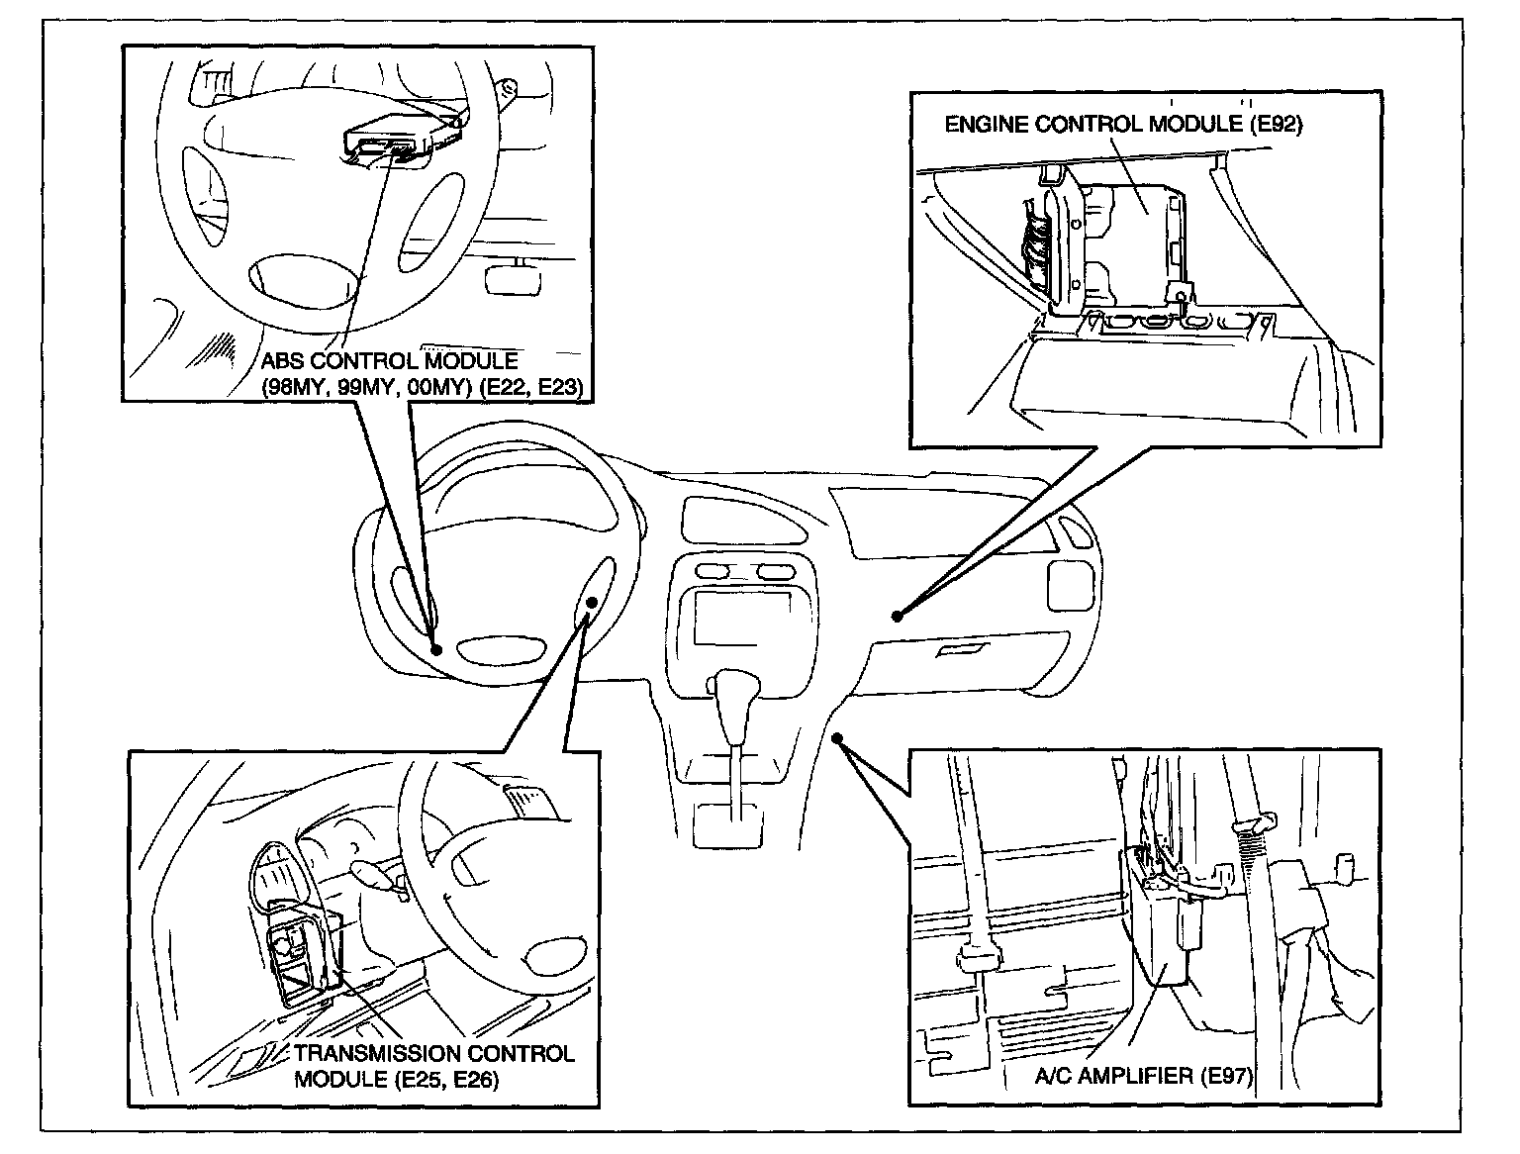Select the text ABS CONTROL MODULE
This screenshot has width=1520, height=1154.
pyautogui.click(x=389, y=361)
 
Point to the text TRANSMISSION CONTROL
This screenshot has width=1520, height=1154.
pyautogui.click(x=433, y=1053)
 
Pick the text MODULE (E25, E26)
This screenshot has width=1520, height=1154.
pyautogui.click(x=396, y=1079)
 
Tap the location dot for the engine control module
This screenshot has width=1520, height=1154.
pyautogui.click(x=897, y=616)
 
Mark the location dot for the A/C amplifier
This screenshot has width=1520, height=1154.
pyautogui.click(x=836, y=737)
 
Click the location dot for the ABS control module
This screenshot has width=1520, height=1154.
pyautogui.click(x=436, y=649)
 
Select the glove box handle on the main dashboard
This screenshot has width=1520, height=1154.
pyautogui.click(x=958, y=650)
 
